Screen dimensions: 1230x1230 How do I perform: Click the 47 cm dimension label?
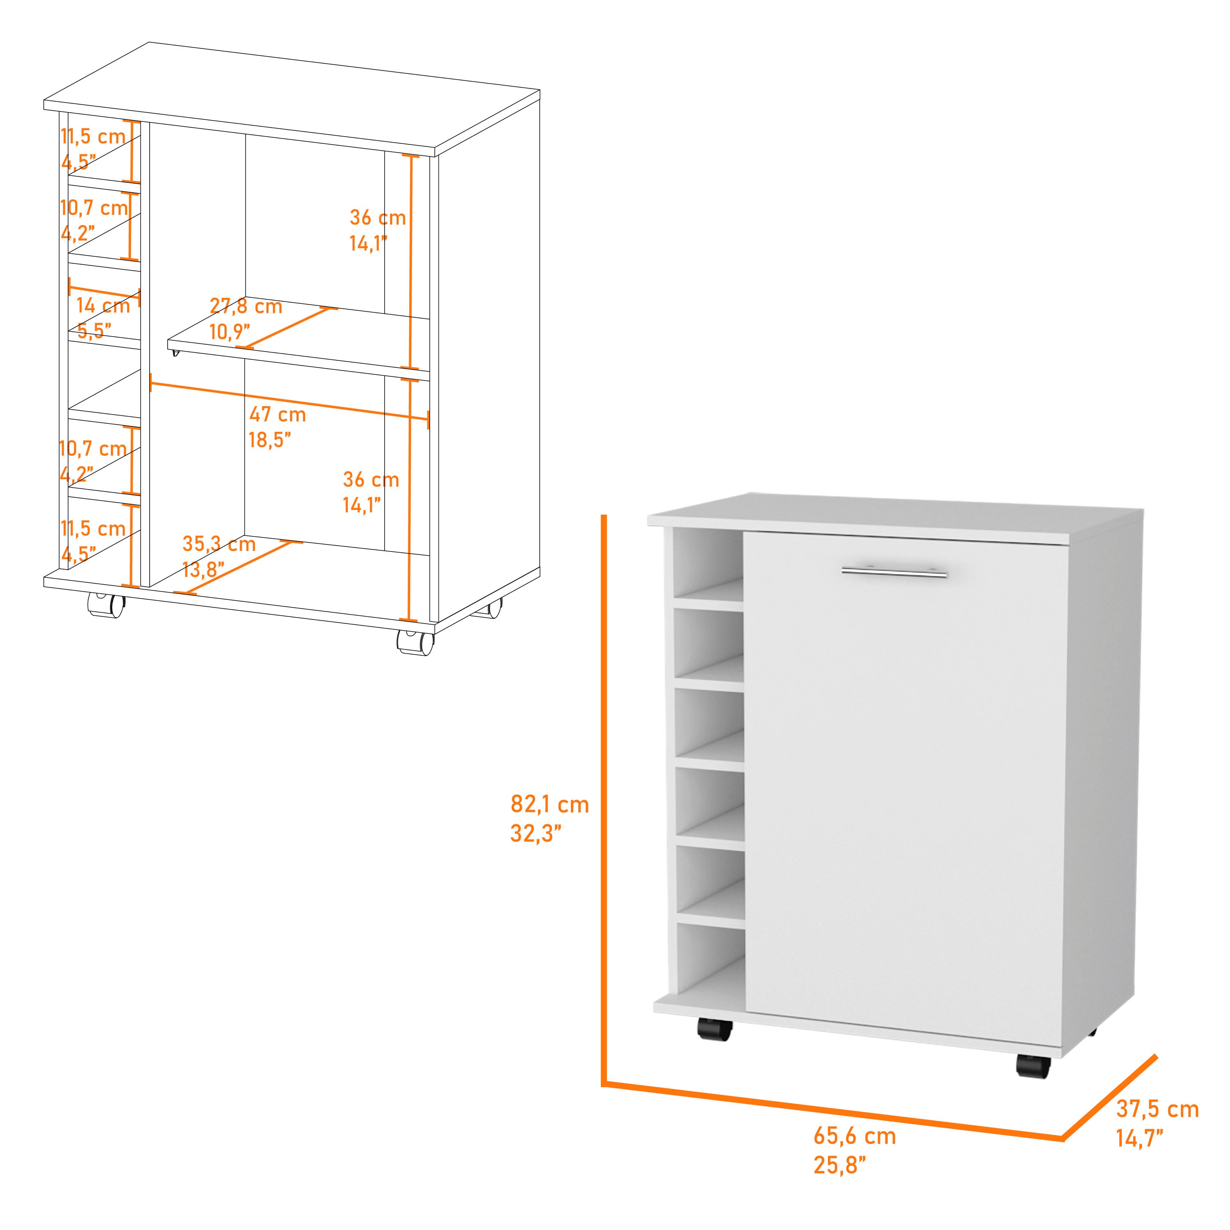point(278,415)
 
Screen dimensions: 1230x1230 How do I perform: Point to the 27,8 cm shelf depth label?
point(246,306)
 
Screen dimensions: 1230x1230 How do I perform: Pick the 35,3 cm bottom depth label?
point(219,544)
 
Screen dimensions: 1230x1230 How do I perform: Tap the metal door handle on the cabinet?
point(894,572)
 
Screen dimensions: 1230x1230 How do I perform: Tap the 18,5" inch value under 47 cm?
point(270,439)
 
